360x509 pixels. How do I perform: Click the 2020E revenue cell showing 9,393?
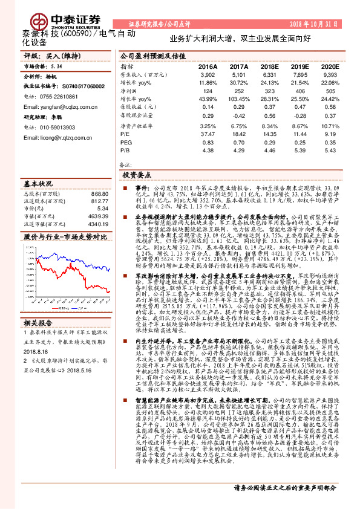329,74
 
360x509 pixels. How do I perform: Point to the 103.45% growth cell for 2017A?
237,99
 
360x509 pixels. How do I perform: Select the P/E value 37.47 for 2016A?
208,132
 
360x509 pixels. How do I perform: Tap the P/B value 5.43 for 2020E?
329,149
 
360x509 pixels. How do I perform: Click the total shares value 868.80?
99,194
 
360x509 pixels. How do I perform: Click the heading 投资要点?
136,174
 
